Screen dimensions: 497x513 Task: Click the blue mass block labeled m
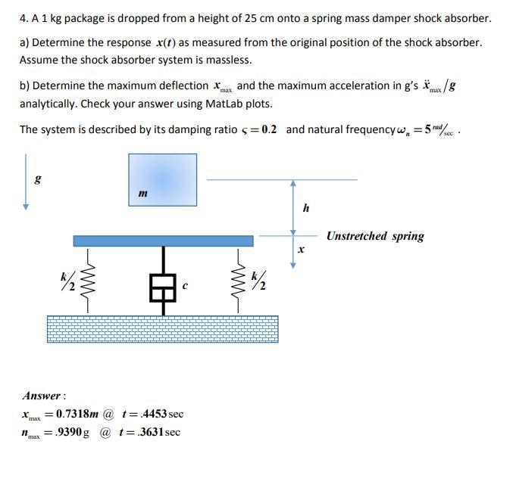162,179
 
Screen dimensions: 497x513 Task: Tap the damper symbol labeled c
162,287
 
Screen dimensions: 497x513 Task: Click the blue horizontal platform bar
163,241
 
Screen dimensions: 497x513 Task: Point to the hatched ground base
162,328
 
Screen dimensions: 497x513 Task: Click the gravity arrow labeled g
27,182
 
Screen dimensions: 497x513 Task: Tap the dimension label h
305,208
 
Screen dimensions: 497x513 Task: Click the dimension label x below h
302,248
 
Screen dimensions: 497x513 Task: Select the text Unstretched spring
375,236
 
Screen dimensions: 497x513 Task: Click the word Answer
42,396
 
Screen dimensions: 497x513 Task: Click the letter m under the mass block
142,194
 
